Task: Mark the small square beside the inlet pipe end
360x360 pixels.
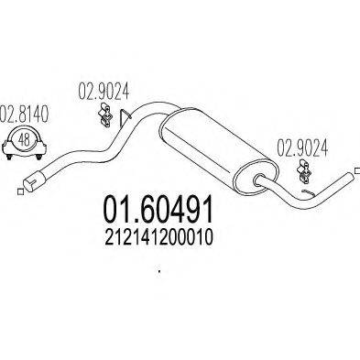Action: coord(19,191)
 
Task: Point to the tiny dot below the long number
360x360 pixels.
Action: coord(159,270)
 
